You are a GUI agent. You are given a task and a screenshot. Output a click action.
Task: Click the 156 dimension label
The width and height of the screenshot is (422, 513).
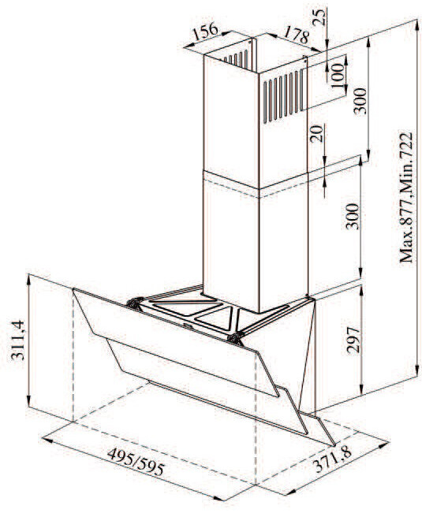pyautogui.click(x=205, y=31)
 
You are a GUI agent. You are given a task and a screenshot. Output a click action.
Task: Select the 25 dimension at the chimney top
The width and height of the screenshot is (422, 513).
pyautogui.click(x=319, y=18)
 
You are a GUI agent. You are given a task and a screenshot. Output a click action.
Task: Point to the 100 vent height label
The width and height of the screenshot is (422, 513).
pyautogui.click(x=337, y=76)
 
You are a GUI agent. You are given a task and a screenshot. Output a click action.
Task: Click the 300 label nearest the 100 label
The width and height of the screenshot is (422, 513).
pyautogui.click(x=360, y=100)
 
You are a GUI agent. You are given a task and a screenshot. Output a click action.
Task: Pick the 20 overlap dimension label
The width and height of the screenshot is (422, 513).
pyautogui.click(x=316, y=133)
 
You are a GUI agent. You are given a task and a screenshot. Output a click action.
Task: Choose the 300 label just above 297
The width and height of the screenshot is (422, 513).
pyautogui.click(x=352, y=216)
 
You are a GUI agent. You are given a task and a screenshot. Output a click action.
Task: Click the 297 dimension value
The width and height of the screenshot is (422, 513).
pyautogui.click(x=353, y=340)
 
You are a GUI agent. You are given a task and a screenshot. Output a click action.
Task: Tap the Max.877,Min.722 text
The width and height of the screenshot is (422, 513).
pyautogui.click(x=405, y=197)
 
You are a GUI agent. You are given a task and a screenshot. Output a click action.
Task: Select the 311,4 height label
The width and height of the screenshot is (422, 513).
pyautogui.click(x=17, y=340)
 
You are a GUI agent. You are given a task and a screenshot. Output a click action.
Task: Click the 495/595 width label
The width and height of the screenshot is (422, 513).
pyautogui.click(x=135, y=461)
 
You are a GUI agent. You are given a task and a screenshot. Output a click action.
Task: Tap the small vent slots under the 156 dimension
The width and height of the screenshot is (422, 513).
pyautogui.click(x=236, y=59)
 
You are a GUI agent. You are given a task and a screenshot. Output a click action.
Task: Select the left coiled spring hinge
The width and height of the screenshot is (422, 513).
pyautogui.click(x=135, y=303)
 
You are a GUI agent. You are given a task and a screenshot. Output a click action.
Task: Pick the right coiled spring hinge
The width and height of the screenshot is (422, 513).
pyautogui.click(x=236, y=339)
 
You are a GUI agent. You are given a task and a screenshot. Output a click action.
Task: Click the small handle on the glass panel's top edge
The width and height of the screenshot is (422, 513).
pyautogui.click(x=188, y=325)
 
